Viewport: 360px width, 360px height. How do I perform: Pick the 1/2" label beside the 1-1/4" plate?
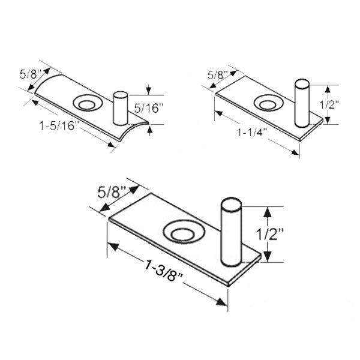(328, 104)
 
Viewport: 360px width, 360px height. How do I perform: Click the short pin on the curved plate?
(121, 107)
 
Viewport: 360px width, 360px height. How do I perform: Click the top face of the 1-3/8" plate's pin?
(231, 203)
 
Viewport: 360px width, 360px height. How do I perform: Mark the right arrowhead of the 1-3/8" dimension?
(224, 301)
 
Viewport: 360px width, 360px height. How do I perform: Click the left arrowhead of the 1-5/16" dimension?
(37, 103)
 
